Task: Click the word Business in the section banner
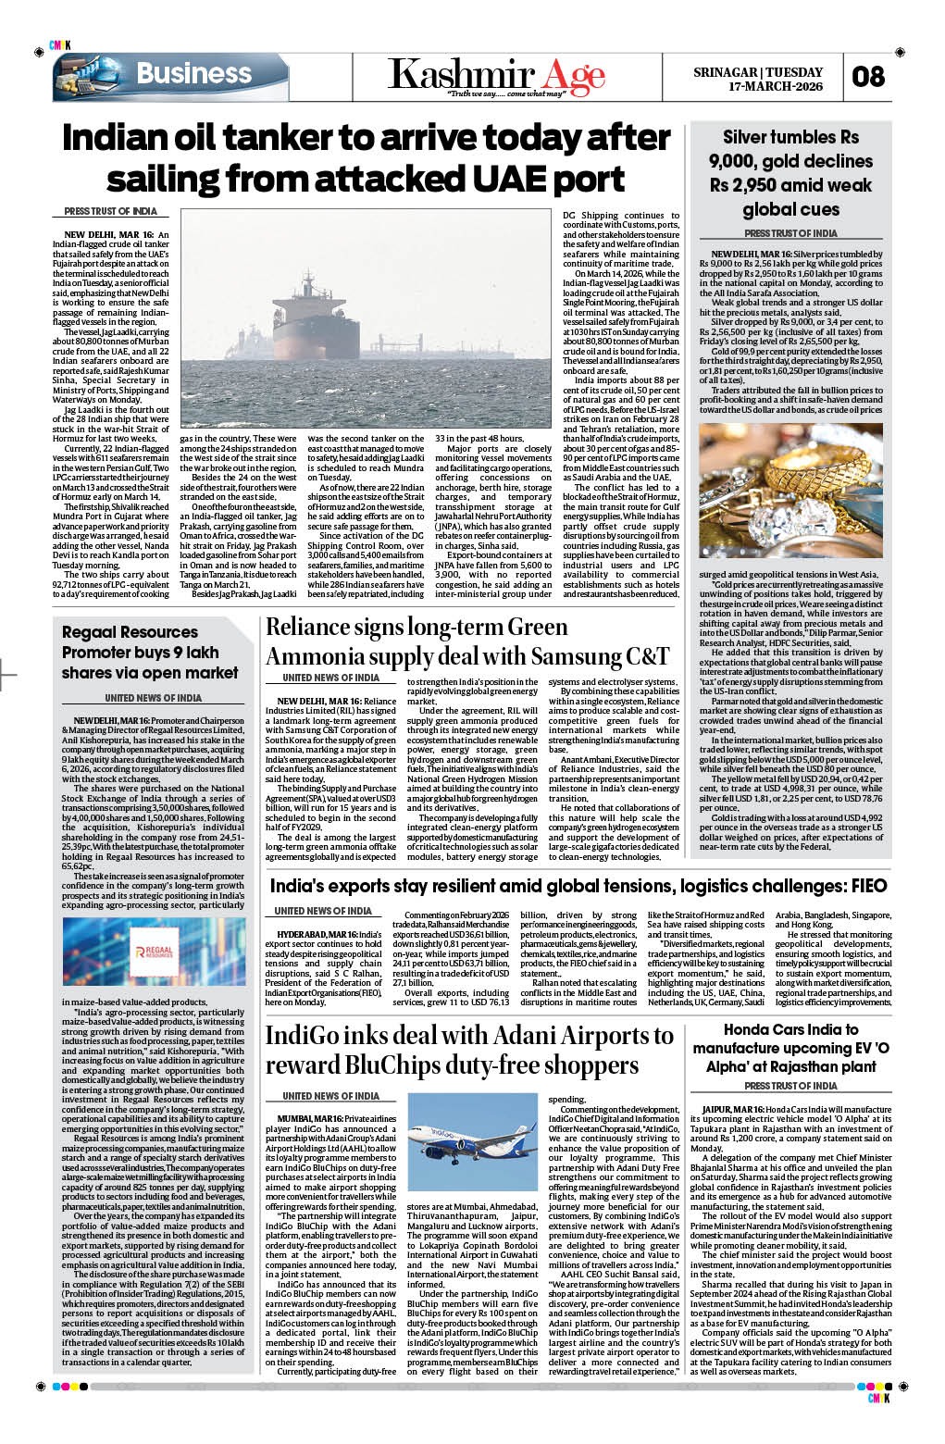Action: tap(193, 74)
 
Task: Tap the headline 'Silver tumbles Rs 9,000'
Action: tap(790, 173)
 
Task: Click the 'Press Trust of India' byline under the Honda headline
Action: tap(790, 1086)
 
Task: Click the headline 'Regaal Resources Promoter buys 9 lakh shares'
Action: tap(150, 653)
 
